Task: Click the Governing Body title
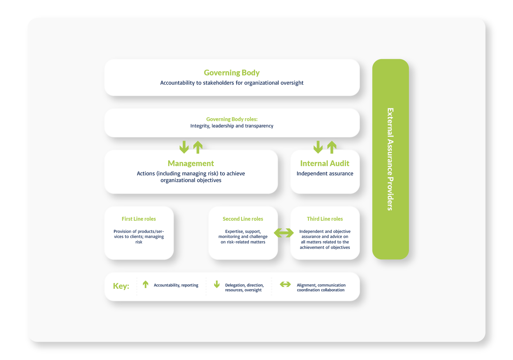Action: click(x=232, y=73)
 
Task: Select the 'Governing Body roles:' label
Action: click(x=232, y=119)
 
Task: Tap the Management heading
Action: click(x=191, y=164)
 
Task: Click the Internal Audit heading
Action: click(x=325, y=164)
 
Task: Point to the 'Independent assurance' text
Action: click(x=325, y=173)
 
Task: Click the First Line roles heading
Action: click(x=139, y=219)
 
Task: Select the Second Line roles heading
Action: click(x=243, y=219)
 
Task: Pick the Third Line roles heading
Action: click(x=325, y=219)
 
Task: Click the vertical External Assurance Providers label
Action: click(x=390, y=159)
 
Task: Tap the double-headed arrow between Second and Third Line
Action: click(x=284, y=233)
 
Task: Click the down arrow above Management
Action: click(x=184, y=147)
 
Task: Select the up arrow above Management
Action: click(x=198, y=147)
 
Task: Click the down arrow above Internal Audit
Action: click(x=318, y=147)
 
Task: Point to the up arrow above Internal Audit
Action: click(x=332, y=147)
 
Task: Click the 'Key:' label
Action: click(x=121, y=286)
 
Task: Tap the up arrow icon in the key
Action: click(x=146, y=284)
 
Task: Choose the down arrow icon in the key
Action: click(x=217, y=284)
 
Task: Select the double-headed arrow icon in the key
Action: click(x=285, y=284)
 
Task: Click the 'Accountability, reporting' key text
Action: click(x=176, y=285)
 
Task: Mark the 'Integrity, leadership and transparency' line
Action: click(x=232, y=126)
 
